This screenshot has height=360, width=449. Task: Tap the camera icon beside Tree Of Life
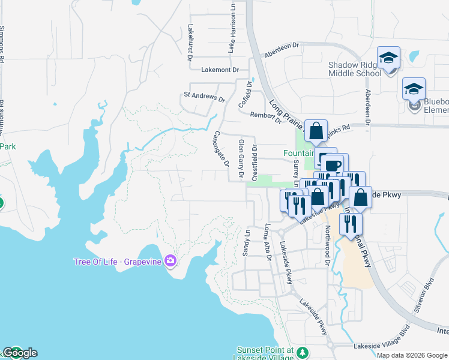click(x=171, y=260)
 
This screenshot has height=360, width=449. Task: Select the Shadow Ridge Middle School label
click(x=354, y=69)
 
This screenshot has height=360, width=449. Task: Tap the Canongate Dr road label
click(x=221, y=149)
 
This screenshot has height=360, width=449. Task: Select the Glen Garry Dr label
click(x=241, y=159)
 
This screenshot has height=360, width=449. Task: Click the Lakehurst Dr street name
click(x=190, y=42)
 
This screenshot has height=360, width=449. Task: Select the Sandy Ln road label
click(x=247, y=240)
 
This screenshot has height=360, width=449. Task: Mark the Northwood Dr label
click(x=328, y=245)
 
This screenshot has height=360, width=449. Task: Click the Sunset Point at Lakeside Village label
click(x=264, y=353)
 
